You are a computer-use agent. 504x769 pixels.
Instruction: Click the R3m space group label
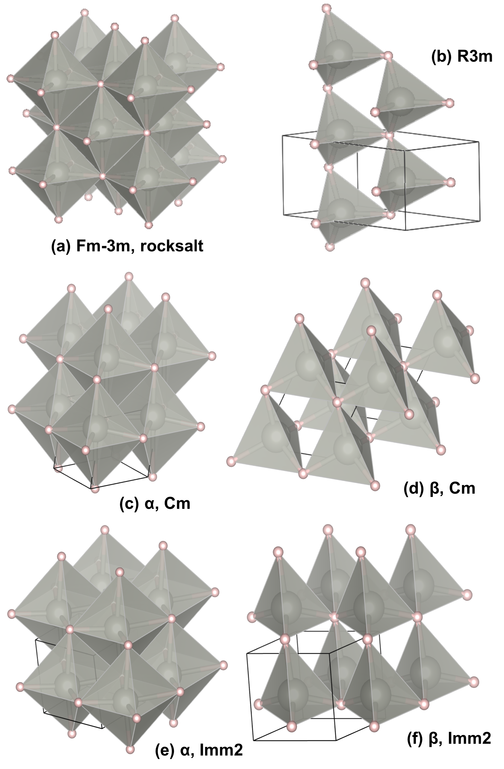click(x=475, y=57)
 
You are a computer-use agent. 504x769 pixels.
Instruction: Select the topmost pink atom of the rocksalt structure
click(x=85, y=13)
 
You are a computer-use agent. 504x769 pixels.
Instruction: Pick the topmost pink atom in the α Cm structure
click(x=129, y=277)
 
